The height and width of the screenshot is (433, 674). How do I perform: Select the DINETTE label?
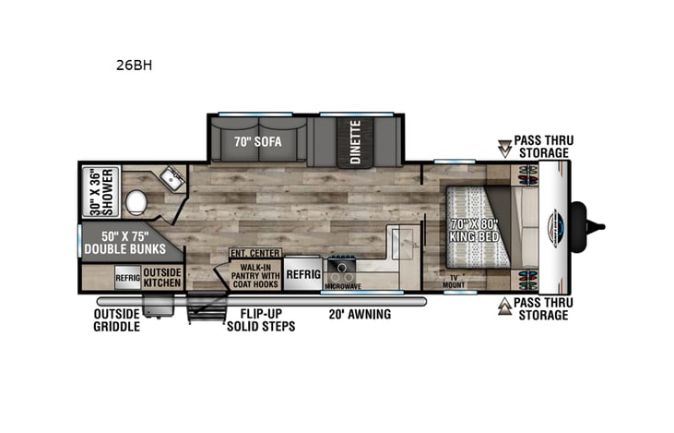(x=355, y=142)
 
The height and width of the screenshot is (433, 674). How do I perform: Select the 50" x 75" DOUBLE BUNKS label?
(x=124, y=242)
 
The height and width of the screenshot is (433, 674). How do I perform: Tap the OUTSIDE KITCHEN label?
(x=161, y=276)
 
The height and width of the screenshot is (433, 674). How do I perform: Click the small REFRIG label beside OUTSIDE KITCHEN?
(x=127, y=276)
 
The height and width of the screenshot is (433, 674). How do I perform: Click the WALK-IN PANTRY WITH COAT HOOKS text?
(x=254, y=274)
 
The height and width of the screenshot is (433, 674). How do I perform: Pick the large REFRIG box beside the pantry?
(x=302, y=274)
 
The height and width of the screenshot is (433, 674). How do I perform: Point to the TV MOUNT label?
(x=454, y=282)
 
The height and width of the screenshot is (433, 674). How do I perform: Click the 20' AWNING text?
(x=361, y=314)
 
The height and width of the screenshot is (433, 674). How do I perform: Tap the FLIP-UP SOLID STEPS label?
(x=261, y=320)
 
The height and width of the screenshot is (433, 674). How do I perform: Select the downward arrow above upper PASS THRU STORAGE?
(x=503, y=145)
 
